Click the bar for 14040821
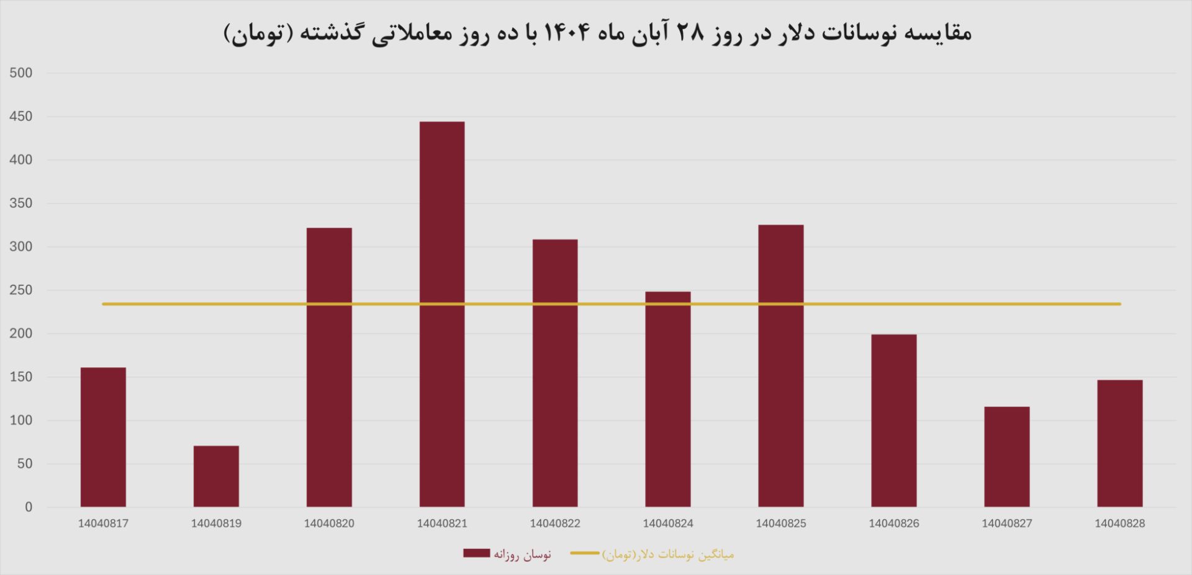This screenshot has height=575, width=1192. (x=442, y=314)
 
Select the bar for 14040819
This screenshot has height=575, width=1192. (x=216, y=476)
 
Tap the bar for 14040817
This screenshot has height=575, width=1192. (x=103, y=437)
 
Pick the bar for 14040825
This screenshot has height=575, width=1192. (x=781, y=365)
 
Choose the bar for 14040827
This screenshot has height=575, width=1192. (x=1007, y=457)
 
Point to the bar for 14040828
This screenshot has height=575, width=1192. (x=1119, y=443)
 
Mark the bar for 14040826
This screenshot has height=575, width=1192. (x=894, y=421)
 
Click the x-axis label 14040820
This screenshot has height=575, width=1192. (x=329, y=524)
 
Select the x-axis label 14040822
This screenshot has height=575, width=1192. (x=555, y=524)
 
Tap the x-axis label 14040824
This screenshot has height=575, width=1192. (x=668, y=524)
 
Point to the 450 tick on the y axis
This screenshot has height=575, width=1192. (x=21, y=117)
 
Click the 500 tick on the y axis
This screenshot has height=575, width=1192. (x=21, y=73)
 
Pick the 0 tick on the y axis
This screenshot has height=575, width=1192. (x=29, y=507)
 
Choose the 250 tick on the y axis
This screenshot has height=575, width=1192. (x=21, y=290)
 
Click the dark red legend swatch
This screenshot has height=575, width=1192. (x=476, y=553)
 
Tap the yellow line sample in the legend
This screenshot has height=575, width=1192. (x=585, y=553)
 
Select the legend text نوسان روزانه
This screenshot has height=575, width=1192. (x=522, y=555)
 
